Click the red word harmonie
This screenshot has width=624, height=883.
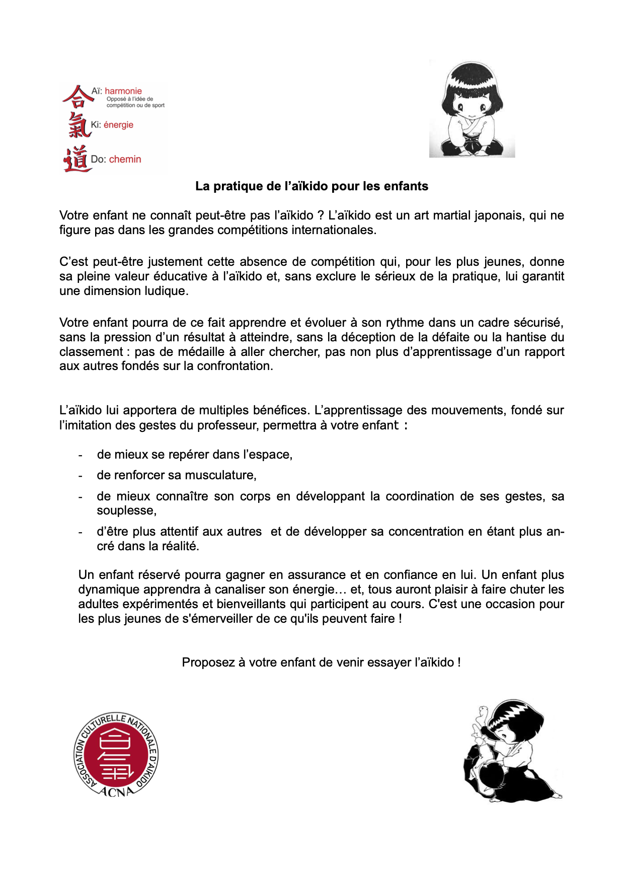click(x=123, y=91)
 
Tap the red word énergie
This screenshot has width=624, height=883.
click(x=118, y=125)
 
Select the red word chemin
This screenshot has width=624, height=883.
click(x=125, y=159)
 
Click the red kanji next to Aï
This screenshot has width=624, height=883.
click(x=76, y=96)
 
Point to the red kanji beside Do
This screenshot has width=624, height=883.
click(x=76, y=159)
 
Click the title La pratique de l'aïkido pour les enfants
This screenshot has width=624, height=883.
click(x=311, y=186)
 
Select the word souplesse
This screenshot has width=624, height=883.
click(x=126, y=510)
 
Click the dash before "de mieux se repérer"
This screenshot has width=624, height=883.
click(x=81, y=455)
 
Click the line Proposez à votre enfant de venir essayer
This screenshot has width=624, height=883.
click(x=321, y=663)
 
